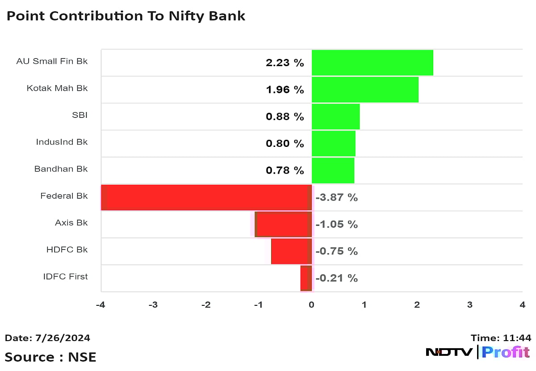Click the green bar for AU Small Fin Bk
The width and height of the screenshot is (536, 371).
(x=372, y=63)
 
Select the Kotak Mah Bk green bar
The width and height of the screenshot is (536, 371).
(x=365, y=89)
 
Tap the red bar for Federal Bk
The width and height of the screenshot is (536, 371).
(x=206, y=197)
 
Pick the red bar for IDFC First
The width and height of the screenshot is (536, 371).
(x=306, y=278)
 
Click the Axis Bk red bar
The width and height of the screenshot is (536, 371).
(x=283, y=224)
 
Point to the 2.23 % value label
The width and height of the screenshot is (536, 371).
(x=285, y=63)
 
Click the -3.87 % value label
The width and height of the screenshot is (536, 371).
(x=336, y=197)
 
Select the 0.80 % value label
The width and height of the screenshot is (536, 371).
(x=285, y=144)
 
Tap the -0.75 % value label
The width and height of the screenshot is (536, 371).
(x=336, y=251)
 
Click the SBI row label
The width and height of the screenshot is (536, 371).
(x=80, y=115)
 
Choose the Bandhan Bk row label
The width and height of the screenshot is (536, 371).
(x=61, y=169)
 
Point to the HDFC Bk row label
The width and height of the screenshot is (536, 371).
(x=67, y=250)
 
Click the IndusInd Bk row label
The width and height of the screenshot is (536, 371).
(x=62, y=142)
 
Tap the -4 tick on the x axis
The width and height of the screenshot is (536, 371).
(x=100, y=305)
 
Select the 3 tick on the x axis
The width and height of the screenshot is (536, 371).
(x=469, y=305)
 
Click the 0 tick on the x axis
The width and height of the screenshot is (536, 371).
(x=311, y=305)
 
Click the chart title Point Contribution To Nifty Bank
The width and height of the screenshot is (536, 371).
(x=126, y=16)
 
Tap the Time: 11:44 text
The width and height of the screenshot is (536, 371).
(x=501, y=338)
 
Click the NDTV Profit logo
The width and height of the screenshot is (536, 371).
(x=477, y=352)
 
